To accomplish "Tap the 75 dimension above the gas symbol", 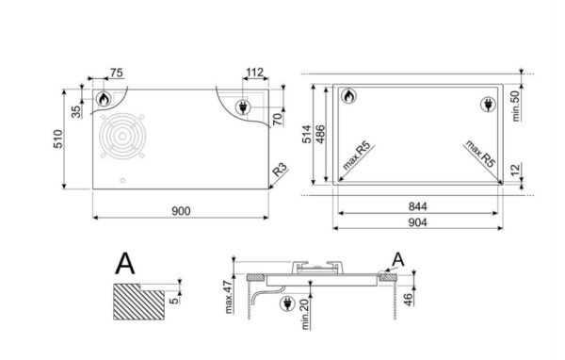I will point(117,72).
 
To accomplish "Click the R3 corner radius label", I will point(279,171).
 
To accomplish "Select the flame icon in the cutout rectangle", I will point(347,96).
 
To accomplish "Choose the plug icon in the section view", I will point(286,302).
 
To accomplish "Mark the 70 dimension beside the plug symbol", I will point(279,119).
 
